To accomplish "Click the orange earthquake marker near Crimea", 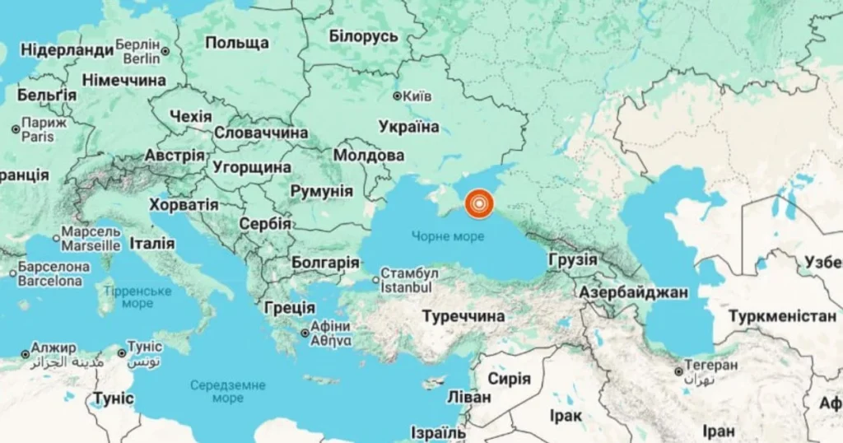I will (x=478, y=203).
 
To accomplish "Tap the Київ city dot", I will (x=397, y=96).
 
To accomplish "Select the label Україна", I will (x=409, y=126).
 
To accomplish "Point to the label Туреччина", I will (x=463, y=315).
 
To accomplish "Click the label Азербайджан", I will (x=622, y=292).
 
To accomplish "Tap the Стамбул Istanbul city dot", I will (x=375, y=280).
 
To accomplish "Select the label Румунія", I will (x=322, y=191).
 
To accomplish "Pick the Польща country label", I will (x=237, y=43).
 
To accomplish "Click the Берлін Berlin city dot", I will (x=165, y=51).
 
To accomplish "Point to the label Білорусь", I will (x=363, y=36).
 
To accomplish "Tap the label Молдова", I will (x=369, y=155).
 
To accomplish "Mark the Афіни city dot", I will (x=305, y=333).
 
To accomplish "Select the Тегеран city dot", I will (x=678, y=371).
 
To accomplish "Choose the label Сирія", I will (x=509, y=379).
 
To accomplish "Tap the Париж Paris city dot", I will (x=15, y=129).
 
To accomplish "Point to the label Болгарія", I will (x=325, y=263).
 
